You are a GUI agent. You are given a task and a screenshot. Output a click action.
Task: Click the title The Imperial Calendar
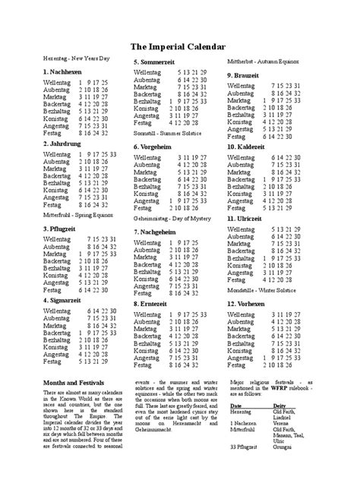pyautogui.click(x=178, y=47)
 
